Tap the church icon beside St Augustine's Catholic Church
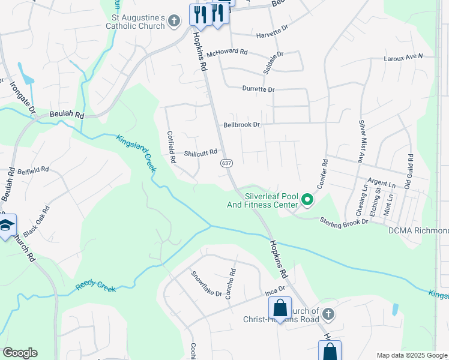click(x=173, y=22)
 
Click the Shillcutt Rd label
click(x=200, y=153)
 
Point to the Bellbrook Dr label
click(x=241, y=125)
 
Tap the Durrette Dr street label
click(x=258, y=89)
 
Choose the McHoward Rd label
click(x=227, y=53)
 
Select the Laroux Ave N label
click(x=404, y=57)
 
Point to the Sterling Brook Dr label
click(x=343, y=221)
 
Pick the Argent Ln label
click(x=382, y=182)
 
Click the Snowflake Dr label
click(x=206, y=286)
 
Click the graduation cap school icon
click(x=6, y=226)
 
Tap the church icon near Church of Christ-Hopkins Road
click(x=328, y=313)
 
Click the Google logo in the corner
click(x=20, y=352)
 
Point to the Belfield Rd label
click(x=33, y=170)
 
